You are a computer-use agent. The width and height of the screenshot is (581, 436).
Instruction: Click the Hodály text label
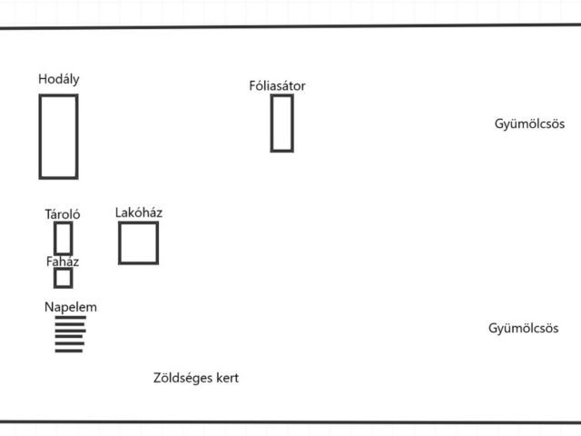pos(59,79)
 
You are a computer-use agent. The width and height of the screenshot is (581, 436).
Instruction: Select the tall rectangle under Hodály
pos(58,136)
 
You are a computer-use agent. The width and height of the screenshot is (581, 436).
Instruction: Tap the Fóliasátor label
pos(277,86)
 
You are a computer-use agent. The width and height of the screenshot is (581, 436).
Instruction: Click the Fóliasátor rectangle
pos(281,123)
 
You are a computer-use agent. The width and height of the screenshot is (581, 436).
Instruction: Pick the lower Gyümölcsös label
pos(523,329)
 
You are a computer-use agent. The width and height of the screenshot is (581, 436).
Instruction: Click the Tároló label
pos(63,214)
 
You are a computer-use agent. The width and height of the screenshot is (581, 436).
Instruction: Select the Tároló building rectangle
pos(63,238)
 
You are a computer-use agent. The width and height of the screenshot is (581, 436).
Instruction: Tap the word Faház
pos(63,262)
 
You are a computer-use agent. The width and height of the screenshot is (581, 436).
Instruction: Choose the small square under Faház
pos(63,278)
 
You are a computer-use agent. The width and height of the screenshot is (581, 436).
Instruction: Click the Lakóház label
pos(139,213)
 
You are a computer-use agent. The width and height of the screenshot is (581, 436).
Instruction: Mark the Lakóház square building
pos(138,243)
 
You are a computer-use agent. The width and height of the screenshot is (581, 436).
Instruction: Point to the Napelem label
pos(71,307)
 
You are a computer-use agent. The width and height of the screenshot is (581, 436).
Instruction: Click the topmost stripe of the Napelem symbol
pos(70,318)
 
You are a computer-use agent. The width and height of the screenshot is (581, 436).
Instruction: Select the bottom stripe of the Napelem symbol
pos(69,351)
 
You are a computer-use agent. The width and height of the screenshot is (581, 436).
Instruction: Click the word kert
pos(226,378)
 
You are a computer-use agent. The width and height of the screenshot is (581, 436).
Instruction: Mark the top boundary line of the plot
pos(290,26)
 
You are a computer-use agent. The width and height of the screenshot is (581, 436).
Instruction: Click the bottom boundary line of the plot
pos(290,421)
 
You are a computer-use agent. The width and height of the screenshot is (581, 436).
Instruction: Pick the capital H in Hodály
pos(43,79)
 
